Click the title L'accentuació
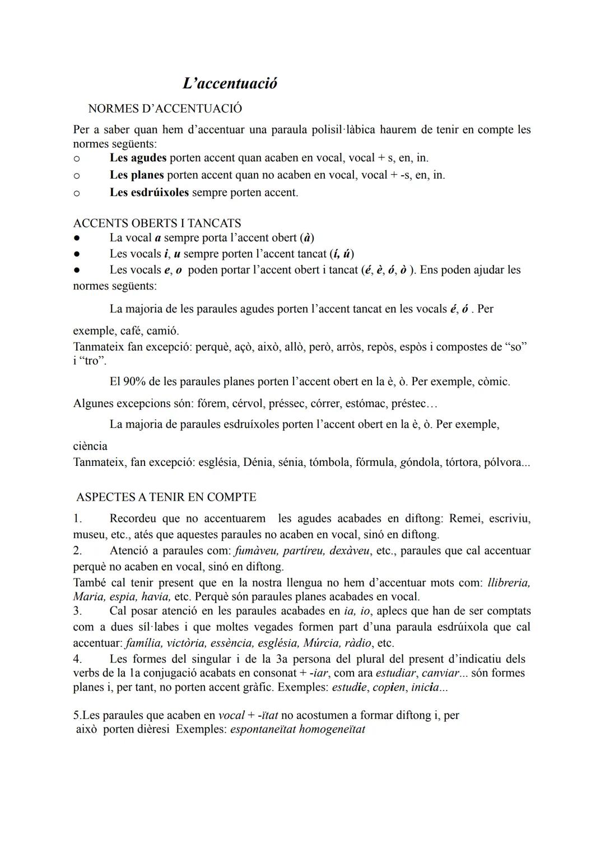(x=230, y=84)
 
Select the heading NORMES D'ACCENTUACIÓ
(x=165, y=108)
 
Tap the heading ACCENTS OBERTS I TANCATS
(x=157, y=223)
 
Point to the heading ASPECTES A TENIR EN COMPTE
(x=166, y=497)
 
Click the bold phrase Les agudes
(x=138, y=158)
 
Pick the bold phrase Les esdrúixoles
(x=149, y=192)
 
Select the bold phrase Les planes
(x=137, y=175)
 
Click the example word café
(x=131, y=330)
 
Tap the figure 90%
(x=134, y=382)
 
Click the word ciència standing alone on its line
(x=90, y=446)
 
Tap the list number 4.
(x=77, y=659)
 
